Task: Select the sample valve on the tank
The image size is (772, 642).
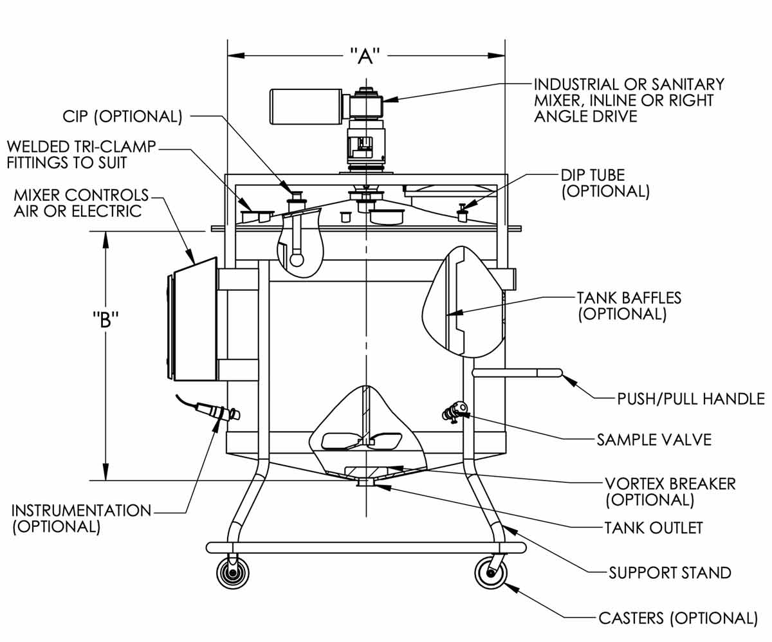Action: (455, 410)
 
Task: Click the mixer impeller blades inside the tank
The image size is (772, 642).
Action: (363, 441)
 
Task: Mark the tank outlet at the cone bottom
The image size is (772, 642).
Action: (366, 481)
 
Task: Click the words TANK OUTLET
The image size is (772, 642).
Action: (653, 528)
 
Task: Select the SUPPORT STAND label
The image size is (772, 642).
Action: (670, 572)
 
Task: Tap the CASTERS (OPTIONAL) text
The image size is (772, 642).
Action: (678, 618)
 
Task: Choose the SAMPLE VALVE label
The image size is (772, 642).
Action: (654, 440)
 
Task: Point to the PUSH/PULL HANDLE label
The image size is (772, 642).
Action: (690, 398)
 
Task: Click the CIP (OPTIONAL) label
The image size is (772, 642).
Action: (122, 116)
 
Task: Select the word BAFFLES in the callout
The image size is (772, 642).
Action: (645, 298)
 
